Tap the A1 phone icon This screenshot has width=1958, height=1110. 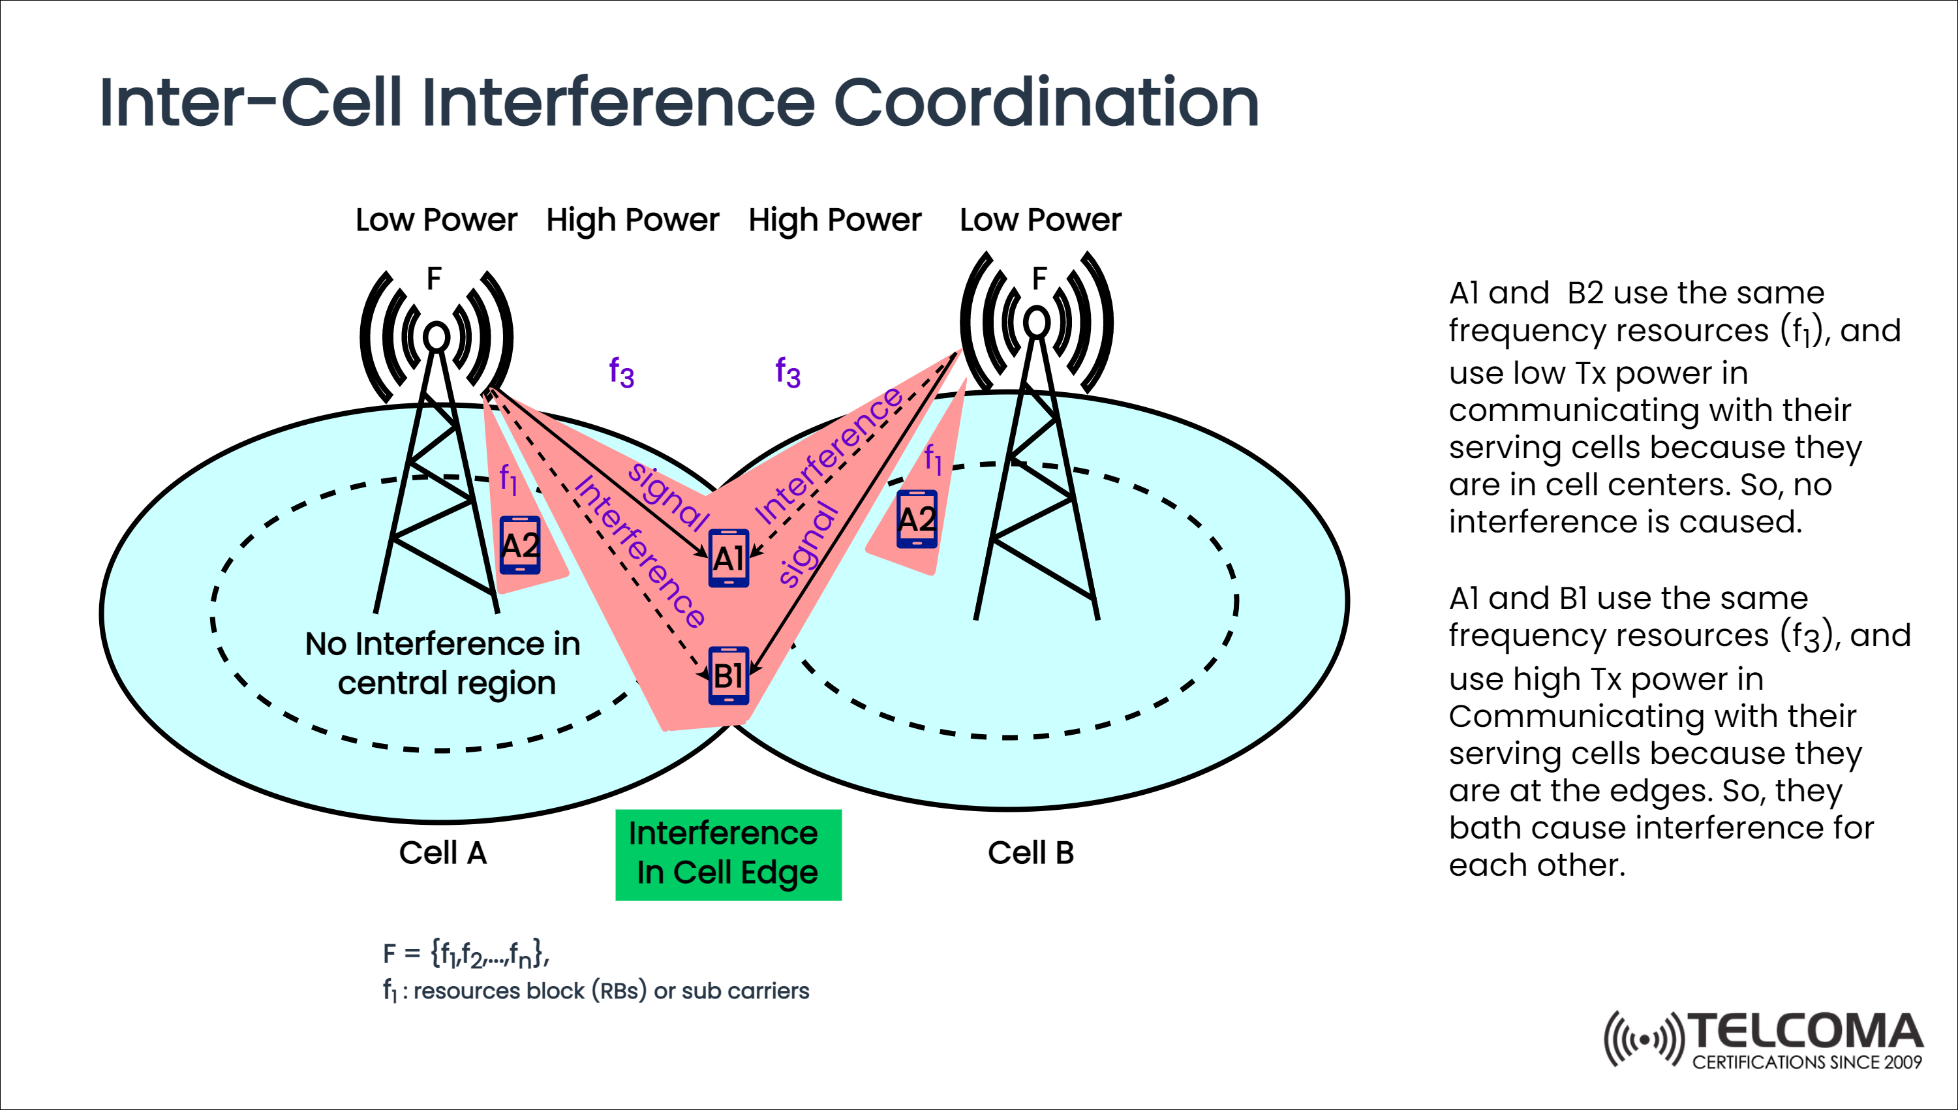729,558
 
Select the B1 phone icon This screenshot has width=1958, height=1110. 729,675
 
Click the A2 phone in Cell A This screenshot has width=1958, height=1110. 520,546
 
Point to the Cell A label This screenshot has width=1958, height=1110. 442,852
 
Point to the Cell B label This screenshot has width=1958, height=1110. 1030,852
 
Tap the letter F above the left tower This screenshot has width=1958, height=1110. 434,279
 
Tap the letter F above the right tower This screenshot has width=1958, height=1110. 1039,279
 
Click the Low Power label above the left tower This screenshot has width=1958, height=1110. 436,221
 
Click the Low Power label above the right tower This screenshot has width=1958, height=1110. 1039,221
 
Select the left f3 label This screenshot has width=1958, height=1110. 620,373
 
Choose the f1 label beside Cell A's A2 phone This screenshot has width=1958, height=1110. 508,480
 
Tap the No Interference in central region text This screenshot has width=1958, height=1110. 444,663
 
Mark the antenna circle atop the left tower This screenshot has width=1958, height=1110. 436,336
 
